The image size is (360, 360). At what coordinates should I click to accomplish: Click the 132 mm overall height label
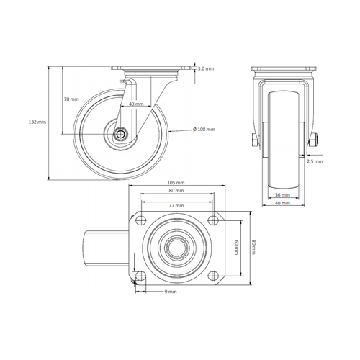[36, 122]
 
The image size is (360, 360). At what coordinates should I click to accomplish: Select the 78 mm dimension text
[71, 98]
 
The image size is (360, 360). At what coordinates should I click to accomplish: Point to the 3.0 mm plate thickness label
[205, 69]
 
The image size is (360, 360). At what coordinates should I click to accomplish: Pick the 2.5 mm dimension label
[314, 162]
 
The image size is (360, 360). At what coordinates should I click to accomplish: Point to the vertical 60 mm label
[235, 247]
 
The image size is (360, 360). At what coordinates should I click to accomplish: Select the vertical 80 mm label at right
[253, 247]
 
